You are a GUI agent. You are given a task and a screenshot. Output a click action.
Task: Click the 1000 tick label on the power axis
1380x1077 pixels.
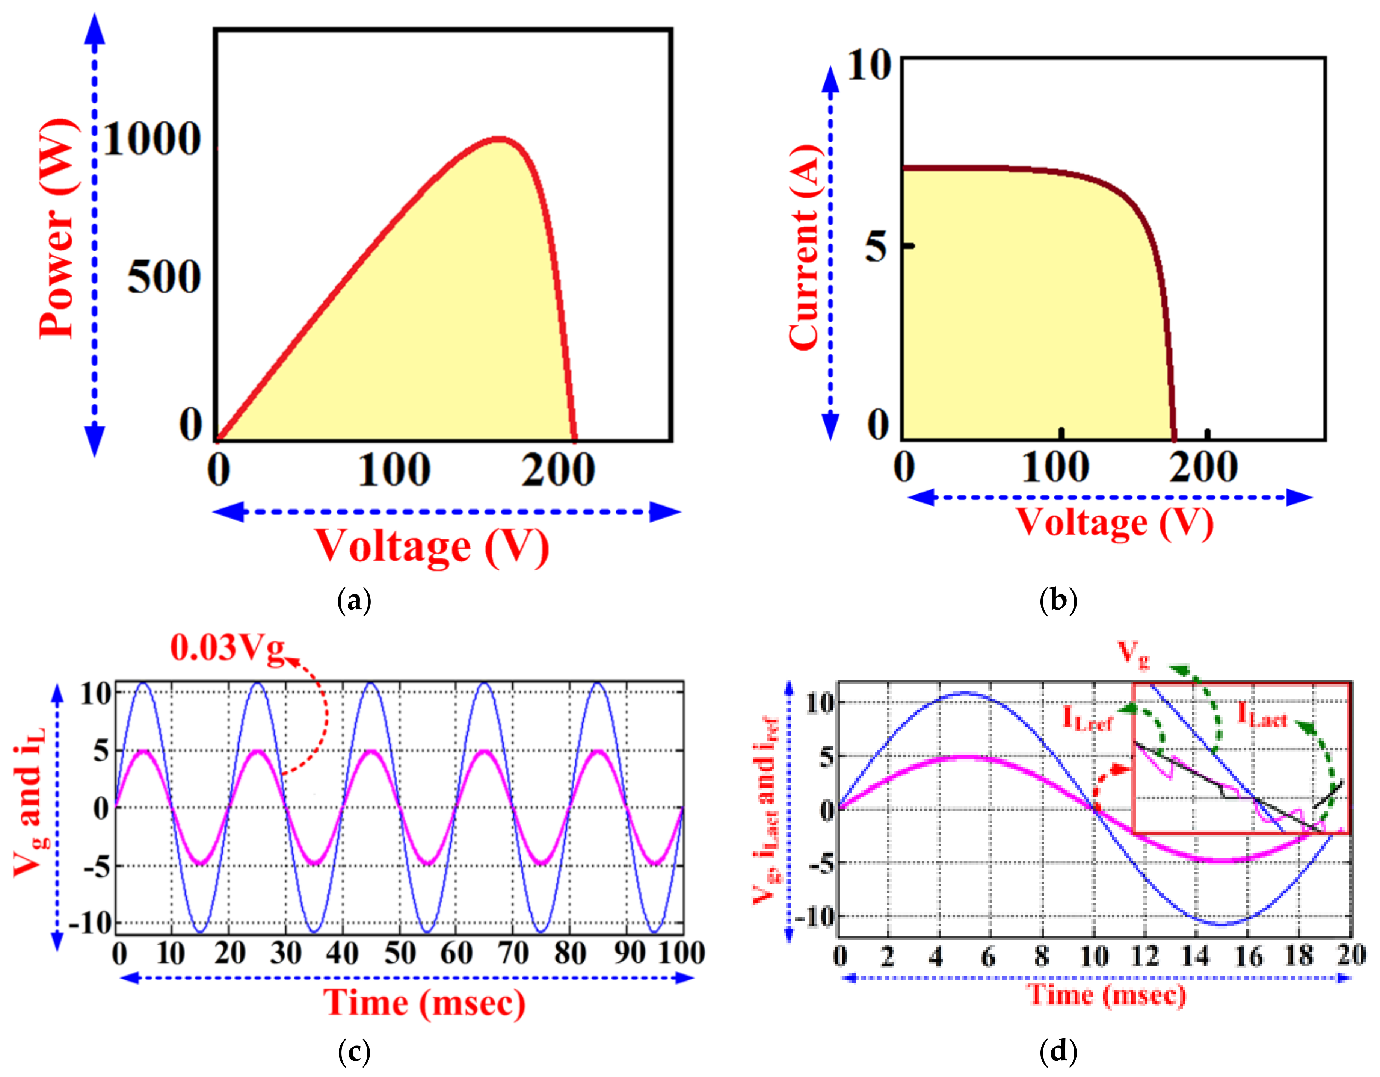152,139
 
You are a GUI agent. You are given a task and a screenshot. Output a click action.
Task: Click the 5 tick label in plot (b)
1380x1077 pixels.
876,247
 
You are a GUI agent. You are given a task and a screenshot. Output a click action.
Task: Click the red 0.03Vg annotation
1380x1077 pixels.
228,649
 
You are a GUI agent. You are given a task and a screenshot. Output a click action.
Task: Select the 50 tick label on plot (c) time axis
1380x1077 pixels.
399,953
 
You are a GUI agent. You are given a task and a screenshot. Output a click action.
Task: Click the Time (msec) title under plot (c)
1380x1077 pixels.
424,1003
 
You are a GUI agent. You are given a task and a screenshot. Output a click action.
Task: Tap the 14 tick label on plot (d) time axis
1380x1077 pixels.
1196,956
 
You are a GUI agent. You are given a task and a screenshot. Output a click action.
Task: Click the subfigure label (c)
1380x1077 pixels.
355,1052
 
